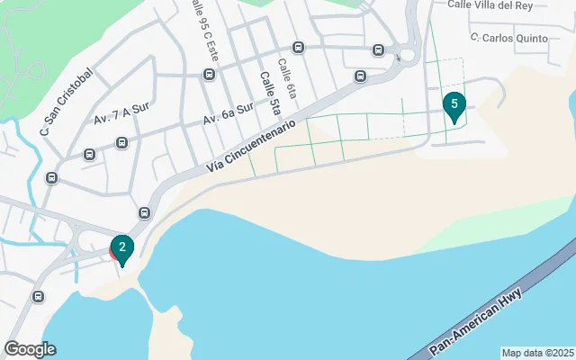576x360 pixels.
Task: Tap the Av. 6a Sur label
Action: coord(228,117)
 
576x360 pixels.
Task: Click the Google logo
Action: coord(30,349)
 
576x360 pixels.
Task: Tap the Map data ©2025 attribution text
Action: coord(536,353)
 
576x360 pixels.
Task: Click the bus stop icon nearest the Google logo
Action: coord(38,296)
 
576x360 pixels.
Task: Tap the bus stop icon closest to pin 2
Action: coord(144,212)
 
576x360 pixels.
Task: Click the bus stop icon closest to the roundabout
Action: coord(378,49)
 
